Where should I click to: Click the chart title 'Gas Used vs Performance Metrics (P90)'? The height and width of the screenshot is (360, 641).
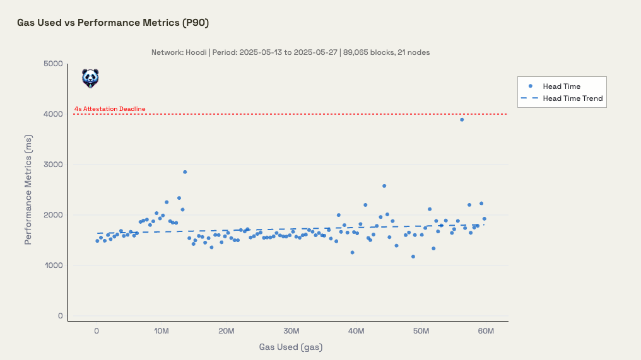pos(112,23)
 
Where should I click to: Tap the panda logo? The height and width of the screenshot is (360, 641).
pos(90,78)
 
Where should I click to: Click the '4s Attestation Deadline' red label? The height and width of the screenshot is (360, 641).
pos(110,109)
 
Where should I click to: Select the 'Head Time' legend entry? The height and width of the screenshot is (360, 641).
pos(562,86)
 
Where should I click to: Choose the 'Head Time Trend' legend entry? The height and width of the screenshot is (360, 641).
pos(572,98)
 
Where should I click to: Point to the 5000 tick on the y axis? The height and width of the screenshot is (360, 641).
pos(53,64)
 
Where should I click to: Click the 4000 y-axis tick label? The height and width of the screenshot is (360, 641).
pos(53,114)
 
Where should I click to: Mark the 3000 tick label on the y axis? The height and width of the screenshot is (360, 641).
pos(53,165)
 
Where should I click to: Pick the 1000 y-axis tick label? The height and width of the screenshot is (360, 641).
pos(53,265)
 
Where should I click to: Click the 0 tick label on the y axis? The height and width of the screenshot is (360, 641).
pos(60,316)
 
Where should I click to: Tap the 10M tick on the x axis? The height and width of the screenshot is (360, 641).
pos(162,331)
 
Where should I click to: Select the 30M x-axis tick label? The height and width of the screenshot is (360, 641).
pos(291,331)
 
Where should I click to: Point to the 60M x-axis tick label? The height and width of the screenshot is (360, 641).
pos(486,331)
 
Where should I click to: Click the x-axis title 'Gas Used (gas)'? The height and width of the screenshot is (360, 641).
pos(291,347)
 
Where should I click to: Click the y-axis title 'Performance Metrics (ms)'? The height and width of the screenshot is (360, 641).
pos(28,189)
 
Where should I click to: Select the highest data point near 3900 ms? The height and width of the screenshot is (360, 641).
pos(462,119)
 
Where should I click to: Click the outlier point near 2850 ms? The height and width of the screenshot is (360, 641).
pos(185,171)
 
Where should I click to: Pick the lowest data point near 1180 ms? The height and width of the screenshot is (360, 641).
pos(413,257)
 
